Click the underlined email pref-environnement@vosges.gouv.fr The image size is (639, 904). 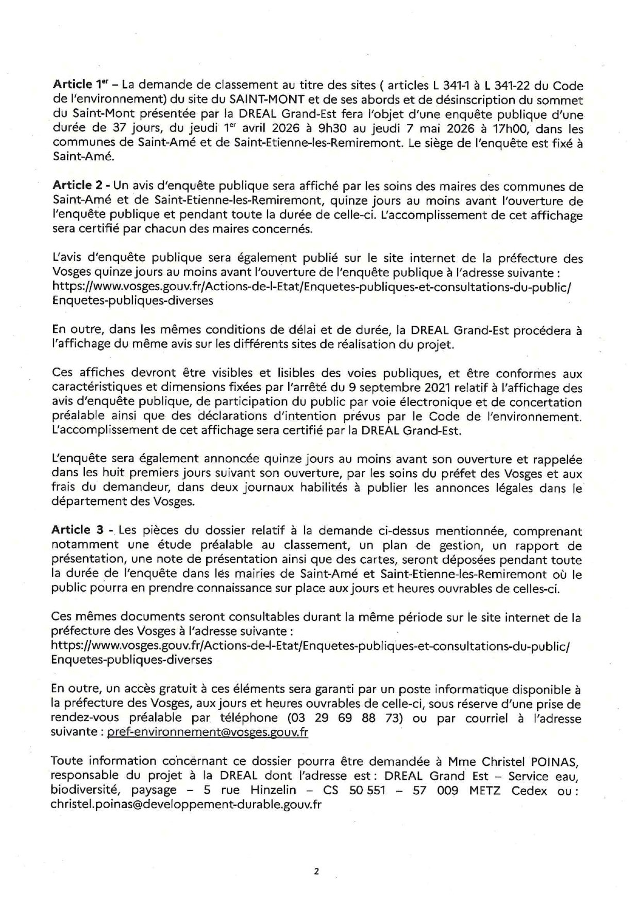(207, 732)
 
